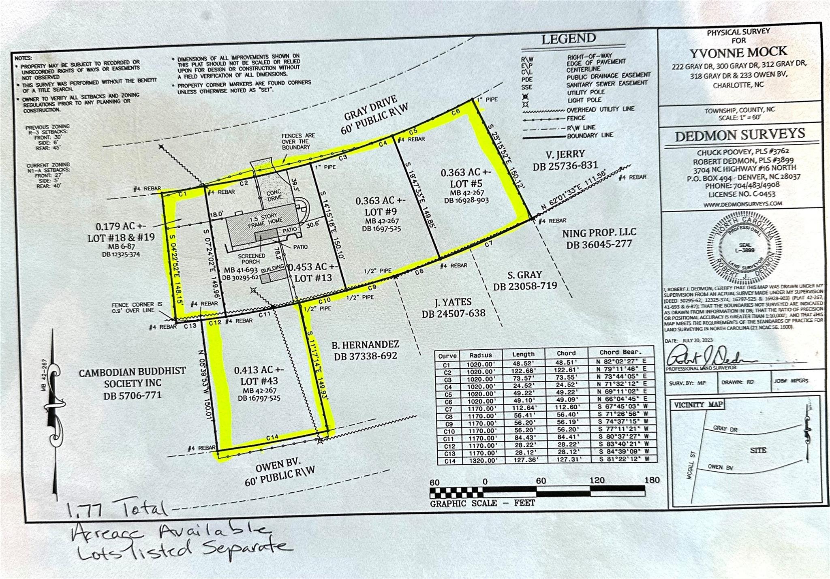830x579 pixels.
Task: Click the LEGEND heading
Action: click(x=569, y=39)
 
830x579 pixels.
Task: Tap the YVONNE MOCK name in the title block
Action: click(x=738, y=53)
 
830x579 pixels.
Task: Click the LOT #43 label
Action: click(x=259, y=381)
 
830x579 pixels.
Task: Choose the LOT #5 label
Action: click(x=466, y=183)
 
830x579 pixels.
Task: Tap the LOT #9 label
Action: click(x=381, y=212)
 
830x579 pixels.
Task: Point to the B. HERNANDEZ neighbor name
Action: click(x=365, y=345)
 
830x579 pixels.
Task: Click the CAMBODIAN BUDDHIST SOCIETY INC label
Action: click(x=133, y=377)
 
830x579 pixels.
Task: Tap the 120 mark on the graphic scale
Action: click(x=597, y=480)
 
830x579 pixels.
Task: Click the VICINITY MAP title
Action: click(x=698, y=405)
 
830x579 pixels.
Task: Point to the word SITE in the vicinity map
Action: click(x=758, y=450)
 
